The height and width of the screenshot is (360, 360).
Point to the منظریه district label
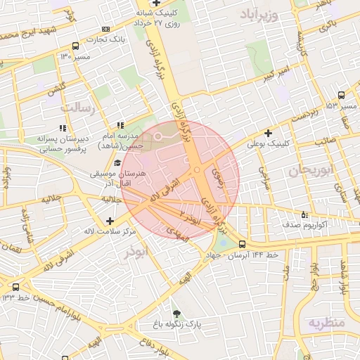coord(326,323)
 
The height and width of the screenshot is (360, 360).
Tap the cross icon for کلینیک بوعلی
coord(267,132)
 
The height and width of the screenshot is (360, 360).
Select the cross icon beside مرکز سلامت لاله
coord(109,221)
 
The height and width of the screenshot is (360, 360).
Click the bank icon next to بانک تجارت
coord(105,29)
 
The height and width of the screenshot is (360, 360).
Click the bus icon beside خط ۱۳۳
coord(16,287)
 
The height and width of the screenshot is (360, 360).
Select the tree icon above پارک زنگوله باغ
coord(176,313)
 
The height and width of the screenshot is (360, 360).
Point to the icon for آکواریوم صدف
coord(304,214)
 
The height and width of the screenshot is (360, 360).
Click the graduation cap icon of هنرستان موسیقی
coord(117,162)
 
